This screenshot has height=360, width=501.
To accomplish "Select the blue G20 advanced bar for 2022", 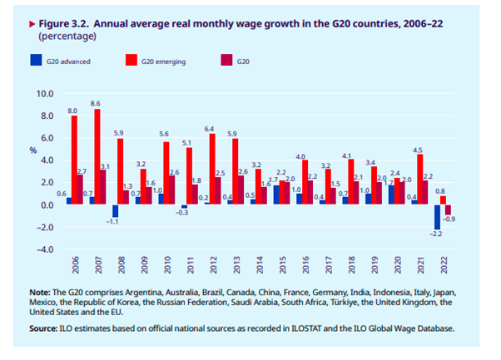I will (x=437, y=217).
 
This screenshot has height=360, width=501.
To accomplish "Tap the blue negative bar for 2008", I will (x=116, y=211).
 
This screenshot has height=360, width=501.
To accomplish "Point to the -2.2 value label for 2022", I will (x=434, y=236).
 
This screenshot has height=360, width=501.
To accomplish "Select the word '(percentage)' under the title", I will (x=62, y=37).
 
